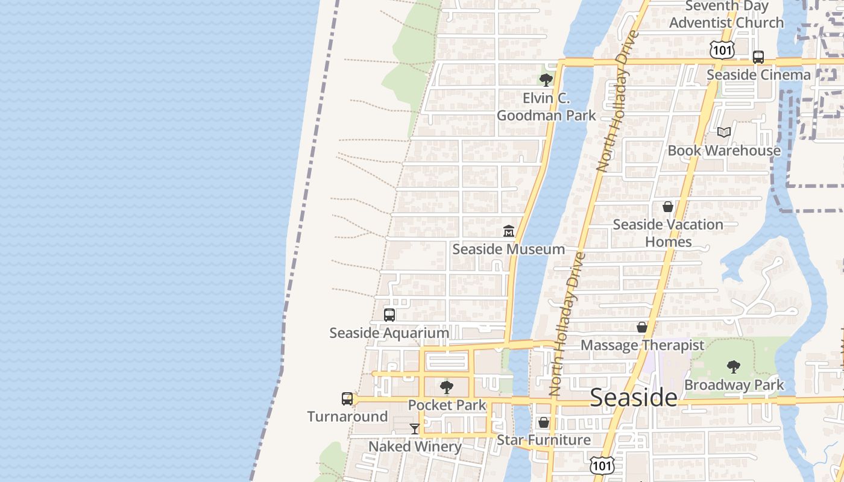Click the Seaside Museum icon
click(509, 231)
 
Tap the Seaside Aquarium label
click(389, 333)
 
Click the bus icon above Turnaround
click(347, 398)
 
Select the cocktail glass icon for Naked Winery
click(415, 428)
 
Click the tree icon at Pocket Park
click(447, 387)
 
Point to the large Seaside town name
click(634, 398)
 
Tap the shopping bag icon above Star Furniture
click(544, 422)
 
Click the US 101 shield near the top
click(722, 50)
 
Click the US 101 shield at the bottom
click(602, 465)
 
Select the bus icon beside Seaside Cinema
click(758, 57)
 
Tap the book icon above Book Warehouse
click(724, 132)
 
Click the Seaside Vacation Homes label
click(668, 233)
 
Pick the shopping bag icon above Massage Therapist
click(642, 327)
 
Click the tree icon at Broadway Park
click(734, 366)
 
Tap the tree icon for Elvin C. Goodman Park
click(546, 80)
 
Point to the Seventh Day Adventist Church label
click(726, 14)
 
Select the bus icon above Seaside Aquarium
click(389, 315)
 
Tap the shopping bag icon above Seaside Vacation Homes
click(668, 207)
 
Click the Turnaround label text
click(347, 416)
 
